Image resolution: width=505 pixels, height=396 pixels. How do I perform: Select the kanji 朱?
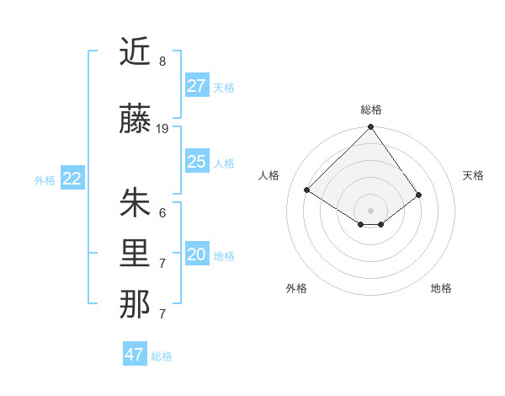[135, 203]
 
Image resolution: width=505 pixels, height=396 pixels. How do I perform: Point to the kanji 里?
[135, 255]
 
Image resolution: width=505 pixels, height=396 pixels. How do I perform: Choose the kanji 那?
[135, 305]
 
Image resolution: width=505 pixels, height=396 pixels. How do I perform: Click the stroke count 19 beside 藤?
[162, 129]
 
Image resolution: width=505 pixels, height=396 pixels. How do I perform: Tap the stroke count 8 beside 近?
[162, 62]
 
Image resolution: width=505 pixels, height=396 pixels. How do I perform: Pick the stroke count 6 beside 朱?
[162, 212]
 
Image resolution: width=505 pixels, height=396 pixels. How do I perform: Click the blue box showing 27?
[197, 86]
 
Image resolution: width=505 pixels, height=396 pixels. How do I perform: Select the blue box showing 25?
[197, 162]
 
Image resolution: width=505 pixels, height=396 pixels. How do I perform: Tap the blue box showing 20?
[197, 255]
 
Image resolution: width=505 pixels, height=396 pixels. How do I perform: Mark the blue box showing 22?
[72, 179]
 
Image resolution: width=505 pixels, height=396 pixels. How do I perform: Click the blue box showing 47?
[135, 355]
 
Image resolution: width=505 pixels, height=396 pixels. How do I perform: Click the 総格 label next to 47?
[162, 356]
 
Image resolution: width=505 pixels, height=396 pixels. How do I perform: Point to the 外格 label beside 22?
[45, 179]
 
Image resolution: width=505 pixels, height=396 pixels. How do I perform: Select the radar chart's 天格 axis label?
[473, 175]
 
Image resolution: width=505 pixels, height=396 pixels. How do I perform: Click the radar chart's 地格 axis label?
[441, 288]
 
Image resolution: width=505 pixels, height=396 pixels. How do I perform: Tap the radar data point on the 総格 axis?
[370, 128]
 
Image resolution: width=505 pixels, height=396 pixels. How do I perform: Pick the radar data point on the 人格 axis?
[307, 190]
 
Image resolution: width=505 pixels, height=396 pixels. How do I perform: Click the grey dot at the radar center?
[370, 210]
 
